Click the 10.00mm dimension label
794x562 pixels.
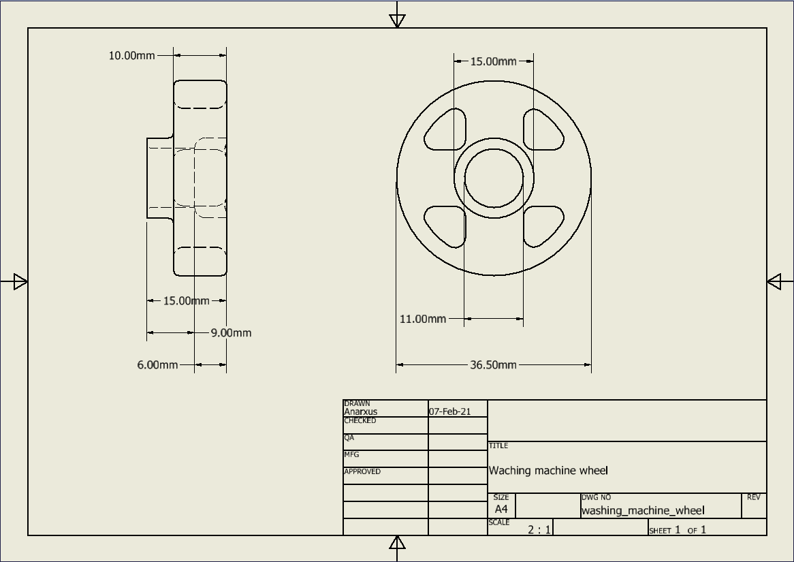[132, 56]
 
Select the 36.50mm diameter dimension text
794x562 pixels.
[493, 365]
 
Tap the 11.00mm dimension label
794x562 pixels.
[422, 319]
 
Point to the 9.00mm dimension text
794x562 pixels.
[231, 333]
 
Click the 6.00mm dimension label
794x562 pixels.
[157, 365]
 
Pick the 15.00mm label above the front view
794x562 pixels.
[493, 61]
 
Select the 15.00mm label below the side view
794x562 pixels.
[186, 300]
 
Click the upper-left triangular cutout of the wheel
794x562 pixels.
[446, 130]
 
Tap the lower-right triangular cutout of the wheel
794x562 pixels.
[543, 225]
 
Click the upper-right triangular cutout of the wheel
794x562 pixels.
[543, 130]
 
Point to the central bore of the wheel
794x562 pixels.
[494, 179]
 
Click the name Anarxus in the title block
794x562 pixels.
[360, 411]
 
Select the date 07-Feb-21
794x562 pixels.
[449, 411]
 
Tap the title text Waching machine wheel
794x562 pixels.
[548, 471]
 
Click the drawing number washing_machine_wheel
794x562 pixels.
[643, 510]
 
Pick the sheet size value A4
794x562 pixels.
[501, 509]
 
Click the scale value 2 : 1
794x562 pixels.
[539, 529]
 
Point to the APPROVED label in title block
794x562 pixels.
[362, 471]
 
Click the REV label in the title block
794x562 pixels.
[753, 497]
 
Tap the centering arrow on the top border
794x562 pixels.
[398, 20]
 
